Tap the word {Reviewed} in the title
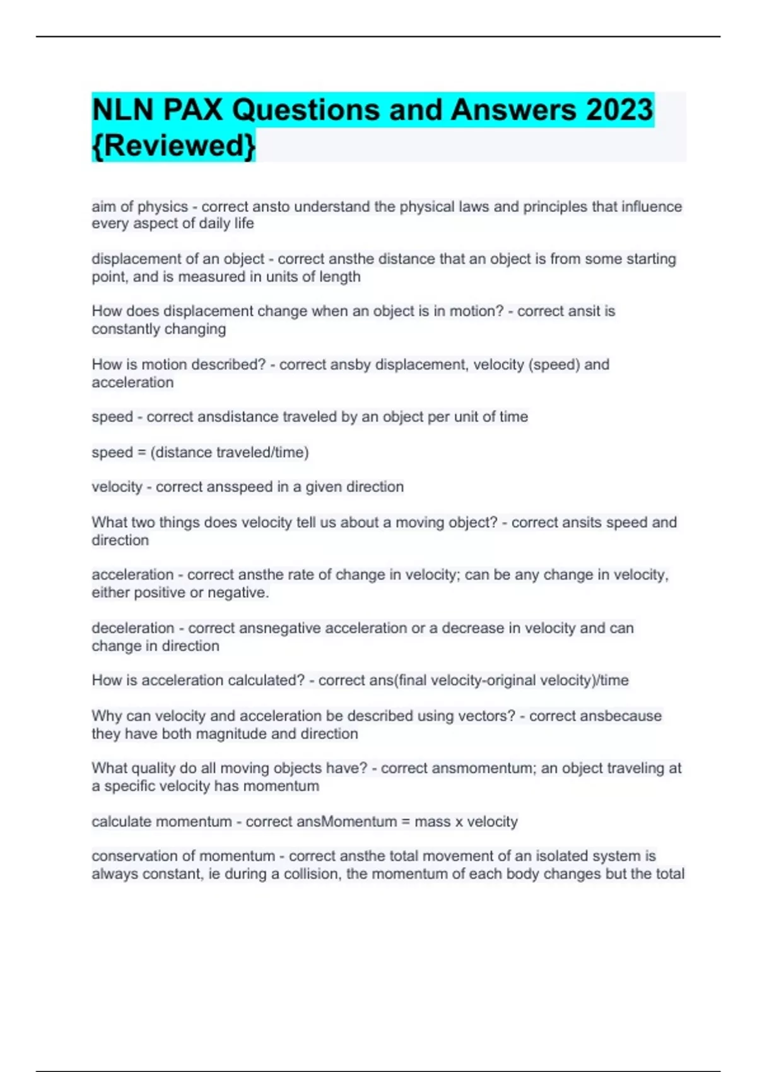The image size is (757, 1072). coord(173,145)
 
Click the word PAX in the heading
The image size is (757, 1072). coord(193,110)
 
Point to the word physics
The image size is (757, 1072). coord(163,207)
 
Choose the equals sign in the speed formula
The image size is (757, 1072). coord(141,452)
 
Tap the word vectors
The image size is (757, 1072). coord(491,716)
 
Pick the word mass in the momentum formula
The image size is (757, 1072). coord(432,822)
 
